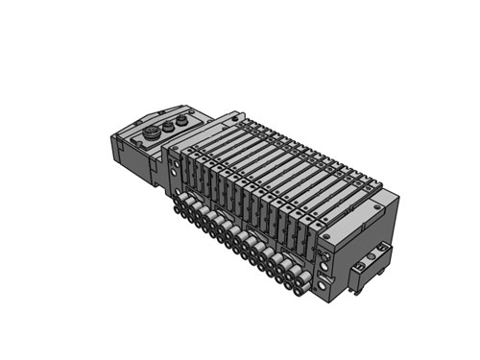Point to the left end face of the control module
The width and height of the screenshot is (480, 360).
tap(121, 153)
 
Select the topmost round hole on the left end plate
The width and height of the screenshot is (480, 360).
tap(174, 164)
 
